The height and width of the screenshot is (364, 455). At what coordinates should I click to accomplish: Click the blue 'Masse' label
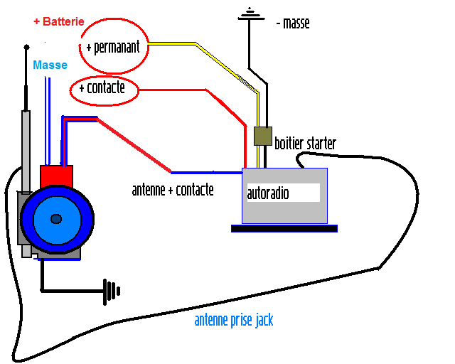coord(50,65)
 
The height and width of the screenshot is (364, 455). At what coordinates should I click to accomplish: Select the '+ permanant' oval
coord(114,46)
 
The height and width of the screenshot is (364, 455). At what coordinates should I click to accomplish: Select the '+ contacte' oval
coord(102,89)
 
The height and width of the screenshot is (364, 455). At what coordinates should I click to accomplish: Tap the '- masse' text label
coord(292,23)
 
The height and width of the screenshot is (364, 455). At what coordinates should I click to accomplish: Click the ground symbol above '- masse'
coord(248,12)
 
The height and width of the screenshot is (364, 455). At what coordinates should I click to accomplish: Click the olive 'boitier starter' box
coord(262,136)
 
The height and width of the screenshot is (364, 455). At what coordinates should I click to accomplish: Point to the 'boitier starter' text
coord(305,144)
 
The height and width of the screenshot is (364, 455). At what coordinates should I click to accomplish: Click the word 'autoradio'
coord(268,193)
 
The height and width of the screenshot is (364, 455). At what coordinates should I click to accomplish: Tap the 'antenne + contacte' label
coord(173,191)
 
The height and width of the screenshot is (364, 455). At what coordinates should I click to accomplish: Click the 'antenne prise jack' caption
coord(233,321)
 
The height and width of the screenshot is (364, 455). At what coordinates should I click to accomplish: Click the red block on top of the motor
coord(56,175)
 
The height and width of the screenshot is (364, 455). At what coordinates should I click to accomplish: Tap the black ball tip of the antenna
coord(27,48)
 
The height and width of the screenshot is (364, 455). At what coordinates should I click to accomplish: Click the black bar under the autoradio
coord(284,228)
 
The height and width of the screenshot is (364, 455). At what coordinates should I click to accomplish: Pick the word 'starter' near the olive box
coord(319,144)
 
